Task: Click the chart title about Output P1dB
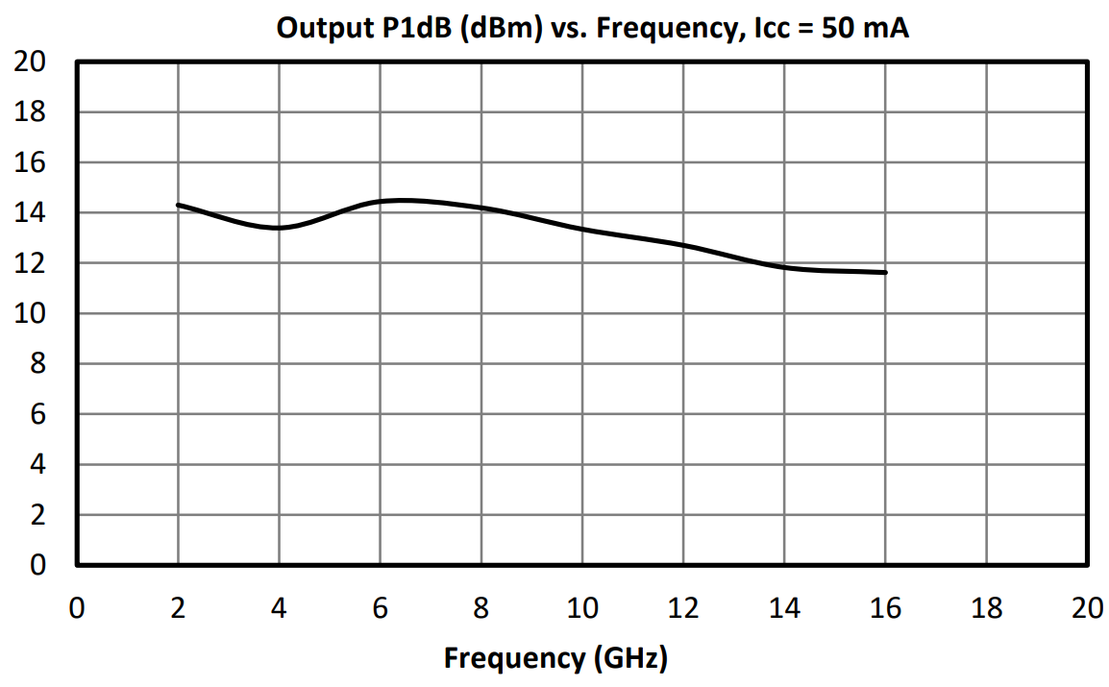pyautogui.click(x=592, y=28)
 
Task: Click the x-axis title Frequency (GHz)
pyautogui.click(x=554, y=658)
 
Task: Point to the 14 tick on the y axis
pyautogui.click(x=32, y=213)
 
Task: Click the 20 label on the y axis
pyautogui.click(x=32, y=62)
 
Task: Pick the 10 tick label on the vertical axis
pyautogui.click(x=32, y=314)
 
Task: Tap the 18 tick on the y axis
pyautogui.click(x=32, y=112)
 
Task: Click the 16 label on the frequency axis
pyautogui.click(x=885, y=608)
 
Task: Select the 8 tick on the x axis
pyautogui.click(x=481, y=608)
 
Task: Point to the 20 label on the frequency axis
pyautogui.click(x=1087, y=608)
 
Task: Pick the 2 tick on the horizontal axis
pyautogui.click(x=178, y=608)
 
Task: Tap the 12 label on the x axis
pyautogui.click(x=683, y=608)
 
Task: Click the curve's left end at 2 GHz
pyautogui.click(x=179, y=205)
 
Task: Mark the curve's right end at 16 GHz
pyautogui.click(x=885, y=273)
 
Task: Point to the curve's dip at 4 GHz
pyautogui.click(x=279, y=228)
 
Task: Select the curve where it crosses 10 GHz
pyautogui.click(x=582, y=229)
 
